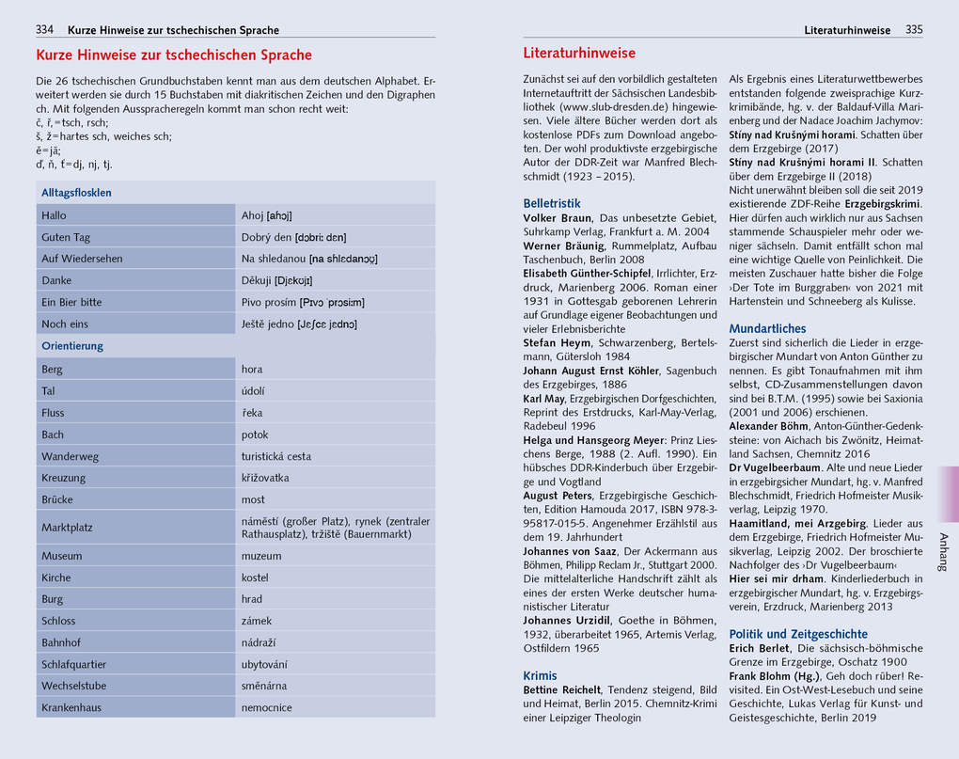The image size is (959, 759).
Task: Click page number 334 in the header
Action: (x=44, y=30)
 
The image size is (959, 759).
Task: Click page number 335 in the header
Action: (x=914, y=30)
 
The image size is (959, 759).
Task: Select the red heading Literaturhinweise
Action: (x=579, y=54)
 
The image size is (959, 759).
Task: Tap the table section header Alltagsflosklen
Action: (x=77, y=193)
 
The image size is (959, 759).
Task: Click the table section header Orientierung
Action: (x=72, y=346)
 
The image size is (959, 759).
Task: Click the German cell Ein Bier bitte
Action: (x=71, y=302)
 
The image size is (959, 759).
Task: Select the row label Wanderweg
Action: (x=70, y=456)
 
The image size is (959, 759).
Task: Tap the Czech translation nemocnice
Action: (x=267, y=707)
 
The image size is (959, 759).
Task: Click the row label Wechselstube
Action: (x=75, y=686)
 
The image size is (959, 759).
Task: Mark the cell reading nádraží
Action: (x=259, y=642)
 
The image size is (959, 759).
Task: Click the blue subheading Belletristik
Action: (x=552, y=203)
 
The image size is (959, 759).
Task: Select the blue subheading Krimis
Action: (x=540, y=675)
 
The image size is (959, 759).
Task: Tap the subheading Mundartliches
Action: (x=767, y=328)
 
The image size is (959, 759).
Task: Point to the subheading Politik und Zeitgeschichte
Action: (x=798, y=634)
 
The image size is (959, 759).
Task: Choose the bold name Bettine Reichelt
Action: (x=561, y=690)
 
